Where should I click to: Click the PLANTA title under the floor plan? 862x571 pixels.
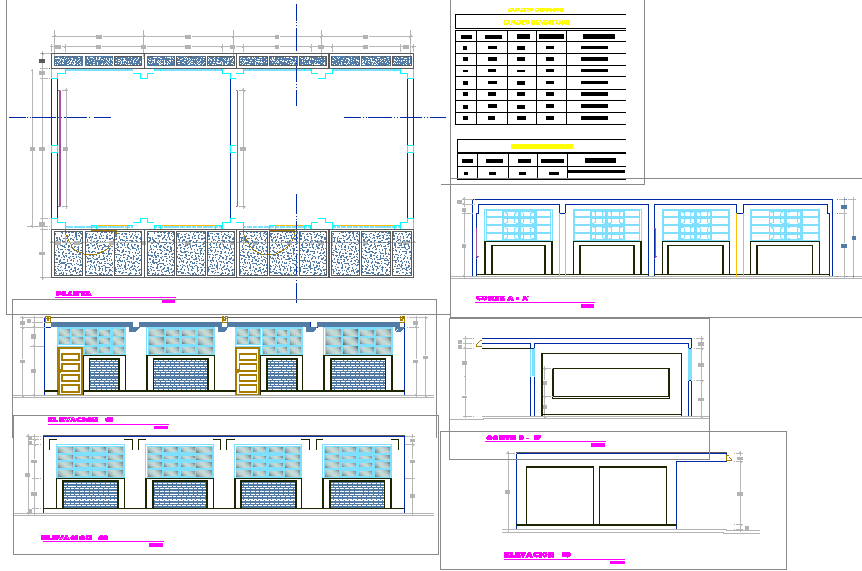click(73, 295)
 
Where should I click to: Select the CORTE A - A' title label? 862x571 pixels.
click(503, 298)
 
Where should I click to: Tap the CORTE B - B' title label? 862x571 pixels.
click(513, 438)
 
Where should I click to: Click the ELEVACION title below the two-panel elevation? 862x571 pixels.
click(537, 554)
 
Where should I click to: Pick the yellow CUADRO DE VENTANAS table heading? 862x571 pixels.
click(539, 21)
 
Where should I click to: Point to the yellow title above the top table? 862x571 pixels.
click(539, 10)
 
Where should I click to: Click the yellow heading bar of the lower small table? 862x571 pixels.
click(541, 147)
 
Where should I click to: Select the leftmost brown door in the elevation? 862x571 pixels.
click(70, 371)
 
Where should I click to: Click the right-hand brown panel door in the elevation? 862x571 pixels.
click(247, 371)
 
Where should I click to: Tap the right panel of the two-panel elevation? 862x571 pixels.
click(632, 496)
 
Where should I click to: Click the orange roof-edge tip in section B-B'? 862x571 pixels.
click(729, 457)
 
